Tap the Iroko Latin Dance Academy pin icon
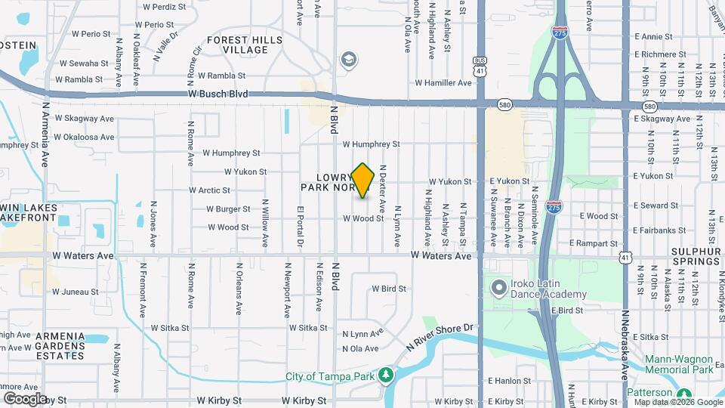[x=498, y=287]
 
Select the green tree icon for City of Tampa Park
[x=386, y=376]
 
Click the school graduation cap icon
[x=348, y=60]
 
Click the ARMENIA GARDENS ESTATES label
[x=53, y=346]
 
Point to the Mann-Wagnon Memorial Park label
[x=682, y=365]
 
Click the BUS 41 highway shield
[x=480, y=65]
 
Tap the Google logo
[x=24, y=398]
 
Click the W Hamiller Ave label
[x=443, y=83]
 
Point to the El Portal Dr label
[x=300, y=226]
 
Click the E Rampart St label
[x=594, y=243]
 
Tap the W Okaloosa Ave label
[x=85, y=137]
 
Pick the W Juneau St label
[x=76, y=291]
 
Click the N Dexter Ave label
[x=383, y=188]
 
